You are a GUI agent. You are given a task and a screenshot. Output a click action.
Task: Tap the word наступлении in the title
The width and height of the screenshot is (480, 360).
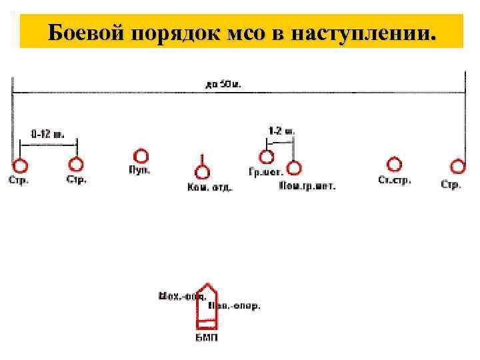[358, 31]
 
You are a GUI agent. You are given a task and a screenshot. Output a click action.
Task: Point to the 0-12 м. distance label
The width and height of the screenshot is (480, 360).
[47, 133]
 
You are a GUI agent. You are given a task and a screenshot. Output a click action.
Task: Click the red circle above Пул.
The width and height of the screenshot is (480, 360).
[141, 157]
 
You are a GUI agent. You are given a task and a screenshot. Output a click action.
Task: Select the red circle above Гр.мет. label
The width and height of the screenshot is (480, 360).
[266, 157]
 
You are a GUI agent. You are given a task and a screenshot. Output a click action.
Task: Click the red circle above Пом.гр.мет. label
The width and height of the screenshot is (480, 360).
[293, 168]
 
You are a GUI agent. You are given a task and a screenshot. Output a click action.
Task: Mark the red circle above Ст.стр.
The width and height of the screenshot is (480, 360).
[394, 164]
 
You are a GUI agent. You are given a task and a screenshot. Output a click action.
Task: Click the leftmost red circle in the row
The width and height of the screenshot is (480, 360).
[20, 165]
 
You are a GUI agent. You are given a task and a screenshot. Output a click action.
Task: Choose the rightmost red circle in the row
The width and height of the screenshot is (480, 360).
[457, 165]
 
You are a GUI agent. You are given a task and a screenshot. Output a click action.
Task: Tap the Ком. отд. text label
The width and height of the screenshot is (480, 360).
[209, 187]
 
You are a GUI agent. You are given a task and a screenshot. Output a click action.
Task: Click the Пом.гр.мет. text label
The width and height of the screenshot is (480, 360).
[307, 186]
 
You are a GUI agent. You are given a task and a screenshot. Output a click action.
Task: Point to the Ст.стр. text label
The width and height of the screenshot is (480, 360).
[395, 179]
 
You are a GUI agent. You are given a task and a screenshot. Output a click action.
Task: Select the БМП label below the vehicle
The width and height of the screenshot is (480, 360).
[207, 337]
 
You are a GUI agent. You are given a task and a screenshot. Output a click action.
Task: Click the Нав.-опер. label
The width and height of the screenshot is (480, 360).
[235, 306]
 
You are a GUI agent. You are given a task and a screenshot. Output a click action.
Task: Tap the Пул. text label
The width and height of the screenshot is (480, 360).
[139, 170]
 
